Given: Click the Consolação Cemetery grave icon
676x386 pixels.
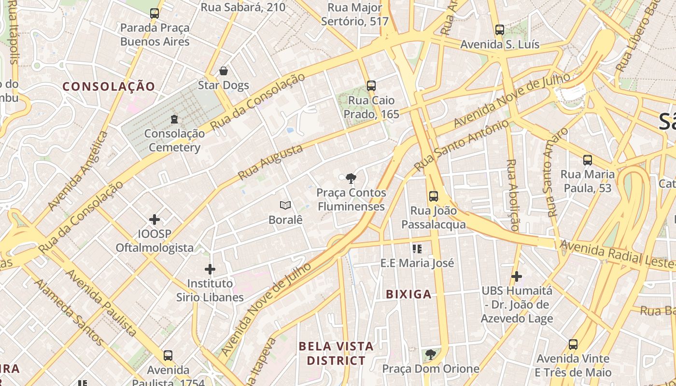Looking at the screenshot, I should click(174, 119).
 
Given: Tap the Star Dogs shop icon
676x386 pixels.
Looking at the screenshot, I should click(224, 71).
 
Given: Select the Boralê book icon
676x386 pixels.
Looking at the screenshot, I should click(285, 206).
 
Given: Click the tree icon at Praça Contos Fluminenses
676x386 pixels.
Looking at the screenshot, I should click(351, 179).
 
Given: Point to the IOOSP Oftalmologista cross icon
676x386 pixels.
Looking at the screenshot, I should click(155, 220).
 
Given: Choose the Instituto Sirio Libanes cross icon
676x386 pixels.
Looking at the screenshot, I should click(210, 269).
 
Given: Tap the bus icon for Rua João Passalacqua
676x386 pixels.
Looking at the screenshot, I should click(434, 196).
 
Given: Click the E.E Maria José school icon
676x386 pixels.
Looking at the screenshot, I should click(417, 249).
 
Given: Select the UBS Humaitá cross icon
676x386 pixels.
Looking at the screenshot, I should click(517, 276).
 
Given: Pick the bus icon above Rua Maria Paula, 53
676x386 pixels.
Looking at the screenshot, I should click(588, 160).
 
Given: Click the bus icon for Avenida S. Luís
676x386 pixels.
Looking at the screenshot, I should click(500, 30).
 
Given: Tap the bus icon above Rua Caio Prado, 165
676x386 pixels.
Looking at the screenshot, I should click(371, 86).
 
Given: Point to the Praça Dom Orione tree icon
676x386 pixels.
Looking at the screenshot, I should click(431, 355).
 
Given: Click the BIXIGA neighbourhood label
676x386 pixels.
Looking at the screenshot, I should click(408, 294).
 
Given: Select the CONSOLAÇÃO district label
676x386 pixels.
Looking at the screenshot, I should click(109, 87).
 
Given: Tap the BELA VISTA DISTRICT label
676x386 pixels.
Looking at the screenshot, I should click(336, 353).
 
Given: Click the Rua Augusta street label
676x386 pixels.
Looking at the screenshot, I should click(271, 162).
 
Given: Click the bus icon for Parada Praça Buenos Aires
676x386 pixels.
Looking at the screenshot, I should click(155, 14).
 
